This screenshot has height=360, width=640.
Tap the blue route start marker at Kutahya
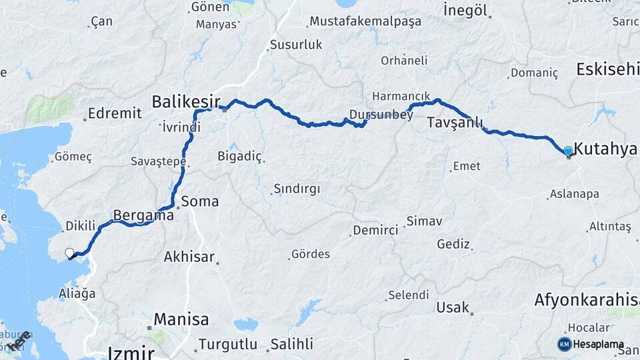point(568,151)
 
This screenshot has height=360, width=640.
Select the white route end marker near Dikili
point(69,253)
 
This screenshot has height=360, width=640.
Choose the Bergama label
point(143,215)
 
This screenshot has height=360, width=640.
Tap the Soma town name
point(200,201)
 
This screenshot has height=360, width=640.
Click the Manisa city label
point(181,319)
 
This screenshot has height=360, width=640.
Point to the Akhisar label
point(189,257)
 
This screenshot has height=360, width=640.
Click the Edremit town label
point(115,113)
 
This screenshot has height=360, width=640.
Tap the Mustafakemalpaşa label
point(365,21)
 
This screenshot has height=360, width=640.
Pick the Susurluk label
point(296,45)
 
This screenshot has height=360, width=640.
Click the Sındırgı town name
point(297,189)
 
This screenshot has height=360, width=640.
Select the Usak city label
point(453,308)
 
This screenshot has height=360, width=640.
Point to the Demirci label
point(375,230)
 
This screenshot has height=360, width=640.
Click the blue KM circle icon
point(564,344)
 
